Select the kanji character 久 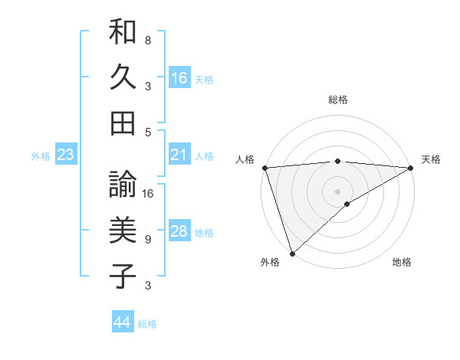point(123,77)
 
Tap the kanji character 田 point(123,121)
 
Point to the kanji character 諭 point(123,185)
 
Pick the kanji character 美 point(123,229)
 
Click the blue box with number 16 point(179,77)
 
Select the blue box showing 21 point(179,155)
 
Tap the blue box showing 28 point(179,231)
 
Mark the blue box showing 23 point(66,155)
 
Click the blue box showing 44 point(123,322)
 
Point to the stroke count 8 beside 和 point(148,40)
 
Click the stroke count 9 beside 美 point(148,240)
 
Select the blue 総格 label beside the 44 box point(147,324)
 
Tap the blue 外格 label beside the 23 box point(41,156)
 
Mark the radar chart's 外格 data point point(292,253)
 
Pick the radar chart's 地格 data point point(347,204)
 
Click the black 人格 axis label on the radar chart point(245,159)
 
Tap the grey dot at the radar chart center point(337,191)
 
